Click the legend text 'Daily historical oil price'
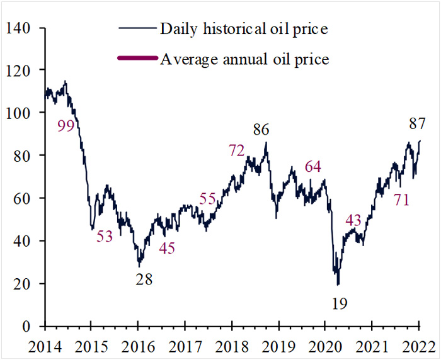click(244, 28)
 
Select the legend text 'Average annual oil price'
click(244, 59)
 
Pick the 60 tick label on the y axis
click(24, 198)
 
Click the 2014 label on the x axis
click(44, 345)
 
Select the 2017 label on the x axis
click(185, 345)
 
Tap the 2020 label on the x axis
click(324, 345)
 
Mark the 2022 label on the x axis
click(418, 345)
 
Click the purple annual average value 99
click(66, 126)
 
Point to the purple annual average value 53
click(105, 237)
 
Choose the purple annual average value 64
click(312, 167)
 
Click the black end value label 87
click(415, 124)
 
